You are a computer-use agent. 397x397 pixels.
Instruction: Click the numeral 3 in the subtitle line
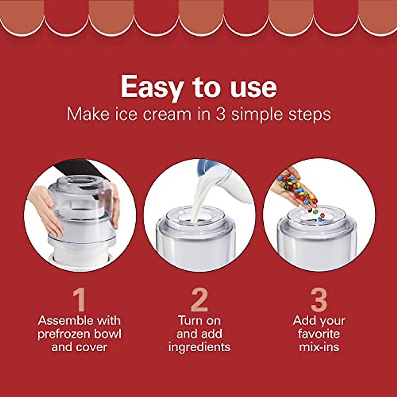(x=221, y=114)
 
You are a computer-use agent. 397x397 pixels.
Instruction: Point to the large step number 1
(x=79, y=300)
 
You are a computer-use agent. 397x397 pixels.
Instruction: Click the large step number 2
(x=199, y=300)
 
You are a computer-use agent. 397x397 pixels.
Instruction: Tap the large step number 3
(x=319, y=300)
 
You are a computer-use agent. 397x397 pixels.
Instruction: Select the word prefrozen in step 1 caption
(x=64, y=333)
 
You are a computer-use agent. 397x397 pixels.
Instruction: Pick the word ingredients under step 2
(x=199, y=347)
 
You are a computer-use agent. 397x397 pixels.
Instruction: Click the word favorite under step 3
(x=319, y=333)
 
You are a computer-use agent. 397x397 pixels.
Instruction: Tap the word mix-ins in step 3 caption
(x=319, y=347)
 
